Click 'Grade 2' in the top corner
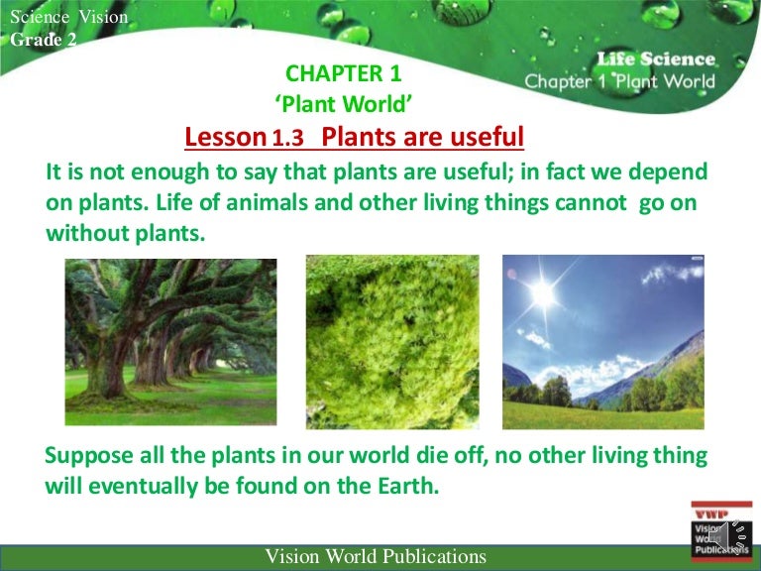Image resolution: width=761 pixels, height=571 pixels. coord(43,40)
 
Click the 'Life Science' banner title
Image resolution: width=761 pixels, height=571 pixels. coord(655,59)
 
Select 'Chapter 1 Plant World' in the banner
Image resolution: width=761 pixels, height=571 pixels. coord(619,81)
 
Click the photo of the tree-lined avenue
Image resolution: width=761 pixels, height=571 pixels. coord(170,340)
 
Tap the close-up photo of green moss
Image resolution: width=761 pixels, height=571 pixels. coord(391,340)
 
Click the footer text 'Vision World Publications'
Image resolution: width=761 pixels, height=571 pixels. coord(376,556)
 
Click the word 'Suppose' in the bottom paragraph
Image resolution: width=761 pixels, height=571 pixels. coord(87,457)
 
